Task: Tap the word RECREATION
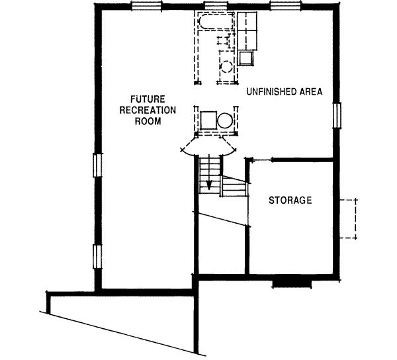(x=138, y=110)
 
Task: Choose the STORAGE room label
(x=290, y=200)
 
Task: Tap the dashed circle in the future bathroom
(x=226, y=67)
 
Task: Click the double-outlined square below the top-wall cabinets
(x=248, y=59)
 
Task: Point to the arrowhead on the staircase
(x=208, y=185)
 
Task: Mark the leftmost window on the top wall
(x=147, y=7)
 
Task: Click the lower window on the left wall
(x=97, y=255)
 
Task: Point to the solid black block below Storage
(x=292, y=283)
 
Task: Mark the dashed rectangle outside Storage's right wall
(x=349, y=218)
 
